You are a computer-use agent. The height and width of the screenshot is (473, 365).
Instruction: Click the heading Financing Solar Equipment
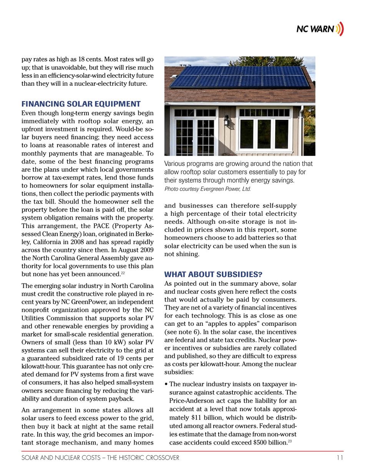tap(81, 104)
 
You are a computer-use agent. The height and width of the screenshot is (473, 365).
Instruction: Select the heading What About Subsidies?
tap(213, 274)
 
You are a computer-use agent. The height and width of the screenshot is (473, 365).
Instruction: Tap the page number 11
tap(339, 458)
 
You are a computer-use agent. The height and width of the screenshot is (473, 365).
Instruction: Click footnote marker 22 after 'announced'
tap(123, 273)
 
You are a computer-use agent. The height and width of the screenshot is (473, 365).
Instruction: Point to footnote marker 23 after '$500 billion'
tap(290, 441)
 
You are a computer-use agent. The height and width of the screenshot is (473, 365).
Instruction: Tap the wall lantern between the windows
tap(227, 121)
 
